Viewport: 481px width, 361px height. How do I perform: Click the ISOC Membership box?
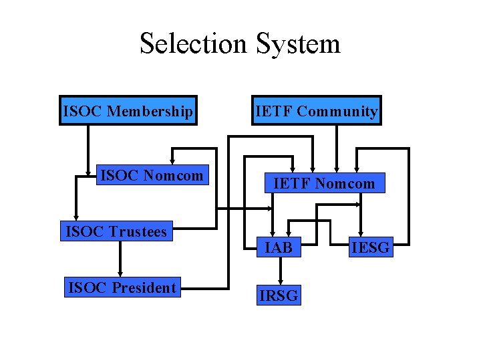(128, 110)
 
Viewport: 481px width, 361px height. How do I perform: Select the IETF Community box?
(317, 110)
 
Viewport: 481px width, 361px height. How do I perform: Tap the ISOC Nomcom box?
(152, 175)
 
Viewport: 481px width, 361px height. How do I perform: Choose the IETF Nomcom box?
(325, 183)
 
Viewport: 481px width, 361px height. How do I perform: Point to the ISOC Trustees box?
(116, 231)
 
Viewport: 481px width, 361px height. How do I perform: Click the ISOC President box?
(122, 287)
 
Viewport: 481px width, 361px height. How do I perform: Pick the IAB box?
(279, 247)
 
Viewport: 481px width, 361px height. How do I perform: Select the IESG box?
(371, 247)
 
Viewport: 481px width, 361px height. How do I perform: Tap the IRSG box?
(279, 295)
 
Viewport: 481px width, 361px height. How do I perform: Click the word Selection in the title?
(193, 43)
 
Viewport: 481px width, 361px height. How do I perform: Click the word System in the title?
(298, 45)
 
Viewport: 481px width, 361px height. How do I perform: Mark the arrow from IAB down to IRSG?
(281, 271)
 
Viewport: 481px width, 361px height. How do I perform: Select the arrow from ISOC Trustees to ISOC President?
(120, 259)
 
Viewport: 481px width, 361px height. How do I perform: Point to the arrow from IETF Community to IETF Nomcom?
(337, 149)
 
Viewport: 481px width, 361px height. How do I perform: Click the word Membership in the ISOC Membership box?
(150, 112)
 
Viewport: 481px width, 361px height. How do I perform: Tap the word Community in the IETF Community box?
(337, 112)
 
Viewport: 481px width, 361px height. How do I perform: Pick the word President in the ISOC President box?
(144, 287)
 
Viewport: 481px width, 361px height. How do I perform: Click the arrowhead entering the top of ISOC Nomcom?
(172, 162)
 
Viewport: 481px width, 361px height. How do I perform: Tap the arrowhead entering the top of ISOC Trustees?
(76, 217)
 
